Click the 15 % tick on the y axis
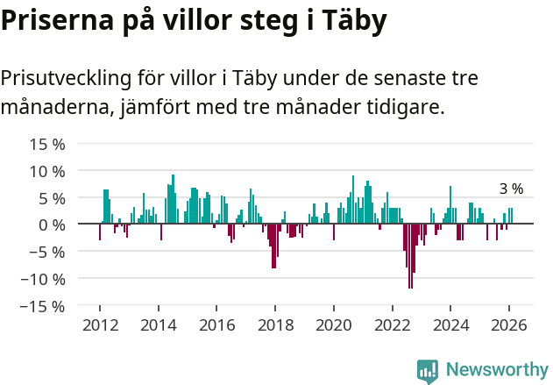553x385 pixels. (47, 143)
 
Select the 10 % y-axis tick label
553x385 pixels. (47, 170)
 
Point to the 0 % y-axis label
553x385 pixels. (52, 225)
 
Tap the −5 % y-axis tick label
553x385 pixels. (47, 252)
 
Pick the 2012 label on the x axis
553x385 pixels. (99, 324)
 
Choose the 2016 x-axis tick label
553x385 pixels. (216, 324)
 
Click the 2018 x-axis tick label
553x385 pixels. (274, 324)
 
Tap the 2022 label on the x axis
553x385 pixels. (392, 324)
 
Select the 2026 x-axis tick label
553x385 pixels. (508, 324)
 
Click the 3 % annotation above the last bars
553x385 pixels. (511, 189)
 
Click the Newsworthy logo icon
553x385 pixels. (428, 370)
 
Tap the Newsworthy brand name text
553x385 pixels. (496, 370)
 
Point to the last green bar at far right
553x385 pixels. (512, 216)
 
